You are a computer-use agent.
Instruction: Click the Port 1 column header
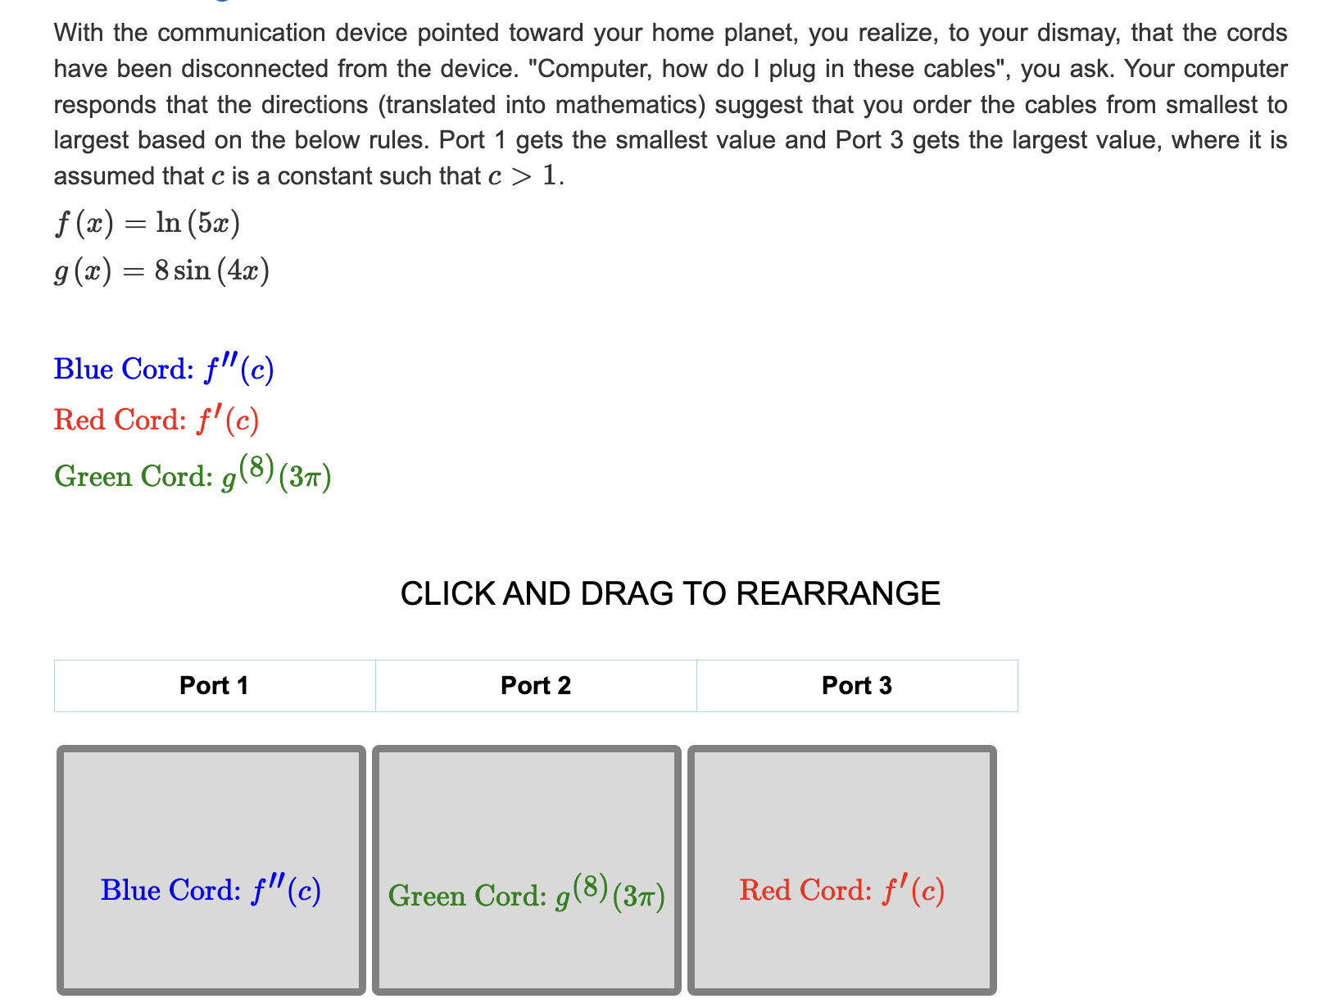214,685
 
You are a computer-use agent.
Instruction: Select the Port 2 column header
536,685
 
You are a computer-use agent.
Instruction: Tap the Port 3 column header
857,685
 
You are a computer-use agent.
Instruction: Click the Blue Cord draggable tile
211,870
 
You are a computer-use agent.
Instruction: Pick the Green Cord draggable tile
527,870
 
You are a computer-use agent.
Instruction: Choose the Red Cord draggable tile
842,870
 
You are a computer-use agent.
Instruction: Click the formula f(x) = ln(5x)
147,223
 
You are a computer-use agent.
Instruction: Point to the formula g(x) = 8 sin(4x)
161,270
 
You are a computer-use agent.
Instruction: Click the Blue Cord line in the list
164,370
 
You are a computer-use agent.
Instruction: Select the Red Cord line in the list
156,420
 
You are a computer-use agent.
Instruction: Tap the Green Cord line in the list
193,474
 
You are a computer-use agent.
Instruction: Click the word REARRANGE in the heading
838,593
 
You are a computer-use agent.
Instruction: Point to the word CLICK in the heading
447,593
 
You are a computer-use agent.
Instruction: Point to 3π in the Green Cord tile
639,897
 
